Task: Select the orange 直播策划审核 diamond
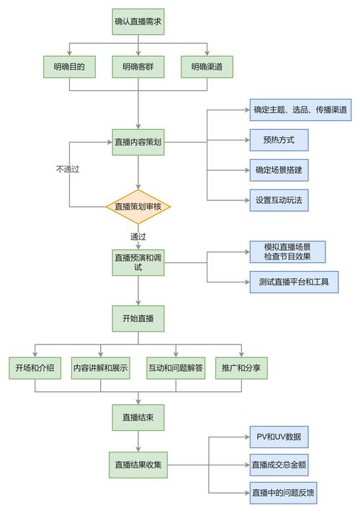[x=138, y=207]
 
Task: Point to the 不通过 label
[x=67, y=169]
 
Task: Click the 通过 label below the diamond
[x=138, y=236]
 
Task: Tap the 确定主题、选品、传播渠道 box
[x=301, y=110]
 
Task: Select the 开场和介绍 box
[x=35, y=368]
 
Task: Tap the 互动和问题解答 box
[x=176, y=368]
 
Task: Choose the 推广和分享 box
[x=241, y=368]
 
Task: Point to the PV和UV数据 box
[x=279, y=437]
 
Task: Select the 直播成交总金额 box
[x=279, y=465]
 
